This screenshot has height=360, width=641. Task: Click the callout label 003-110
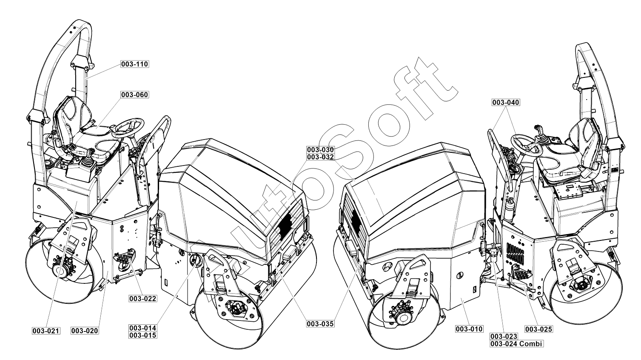135,64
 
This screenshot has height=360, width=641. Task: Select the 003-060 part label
135,94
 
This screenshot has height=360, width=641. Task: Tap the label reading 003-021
46,331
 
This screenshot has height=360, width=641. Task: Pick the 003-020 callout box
85,331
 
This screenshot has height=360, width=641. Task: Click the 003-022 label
143,298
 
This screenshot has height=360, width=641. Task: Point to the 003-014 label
143,328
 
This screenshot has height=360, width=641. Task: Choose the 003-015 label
143,335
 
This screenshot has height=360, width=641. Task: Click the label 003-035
320,324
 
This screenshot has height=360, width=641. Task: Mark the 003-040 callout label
506,103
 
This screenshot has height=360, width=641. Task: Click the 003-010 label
469,329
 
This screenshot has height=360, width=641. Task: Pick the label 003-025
538,329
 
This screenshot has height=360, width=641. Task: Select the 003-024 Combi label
516,344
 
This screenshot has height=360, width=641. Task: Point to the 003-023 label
504,337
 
